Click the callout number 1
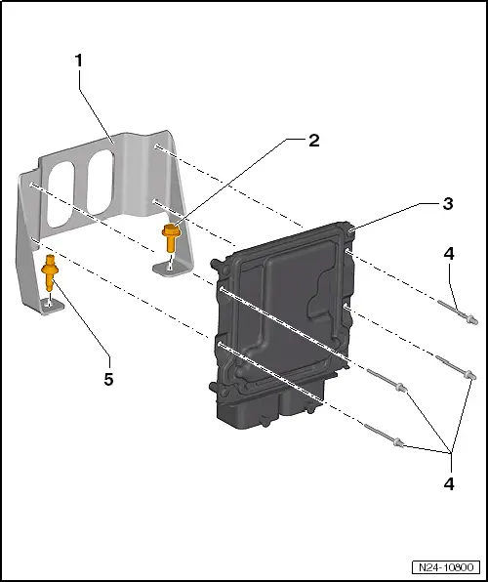click(79, 60)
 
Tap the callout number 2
click(313, 140)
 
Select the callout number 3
click(448, 204)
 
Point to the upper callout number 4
click(448, 253)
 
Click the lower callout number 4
click(448, 482)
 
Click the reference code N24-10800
click(444, 567)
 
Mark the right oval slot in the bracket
click(99, 182)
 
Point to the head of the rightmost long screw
click(471, 376)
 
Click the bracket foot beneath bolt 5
click(52, 306)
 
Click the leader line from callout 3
click(390, 211)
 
